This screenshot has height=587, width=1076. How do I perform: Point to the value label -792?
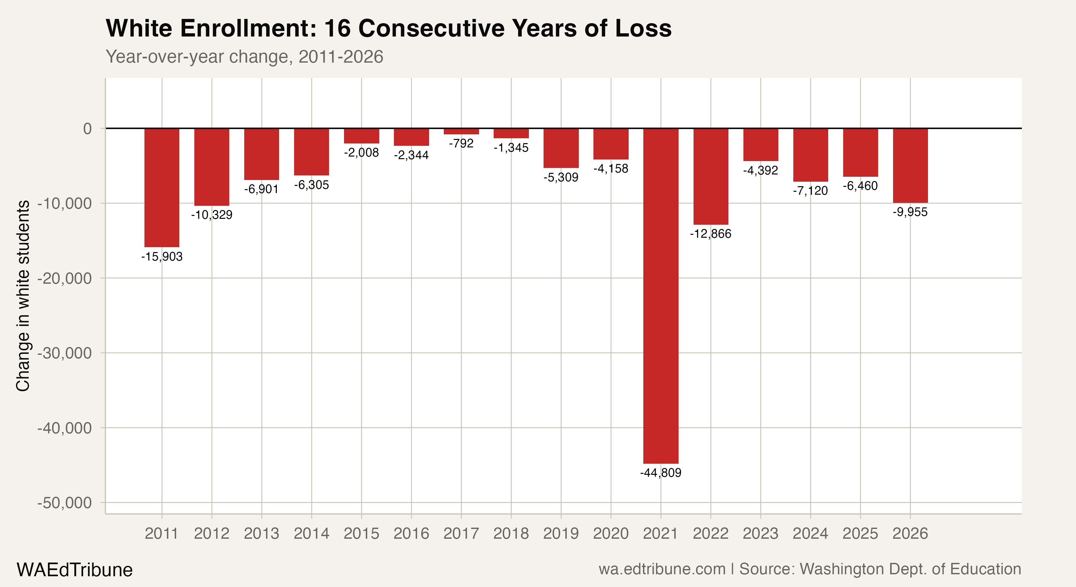tap(461, 143)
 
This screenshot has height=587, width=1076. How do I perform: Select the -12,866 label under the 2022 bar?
tap(710, 233)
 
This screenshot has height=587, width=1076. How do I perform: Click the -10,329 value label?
tap(212, 215)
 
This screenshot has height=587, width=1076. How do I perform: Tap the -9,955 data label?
tap(910, 212)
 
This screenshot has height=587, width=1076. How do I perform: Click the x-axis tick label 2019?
tap(560, 534)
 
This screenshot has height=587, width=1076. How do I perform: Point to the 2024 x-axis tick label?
tap(810, 534)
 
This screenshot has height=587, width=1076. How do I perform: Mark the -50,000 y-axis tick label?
tap(65, 503)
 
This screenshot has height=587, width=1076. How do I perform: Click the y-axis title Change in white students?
tap(23, 296)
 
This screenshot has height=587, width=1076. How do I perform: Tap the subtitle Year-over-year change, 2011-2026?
tap(244, 57)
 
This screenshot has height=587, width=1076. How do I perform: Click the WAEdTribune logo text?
tap(74, 570)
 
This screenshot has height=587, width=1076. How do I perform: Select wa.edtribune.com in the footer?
tap(662, 569)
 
